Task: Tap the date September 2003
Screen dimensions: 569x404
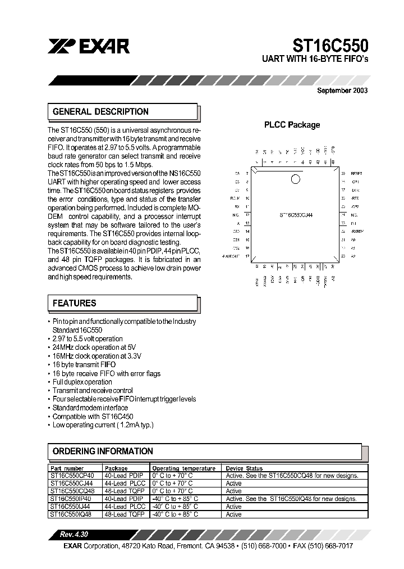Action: click(x=342, y=90)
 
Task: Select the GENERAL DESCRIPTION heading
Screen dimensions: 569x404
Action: click(x=100, y=111)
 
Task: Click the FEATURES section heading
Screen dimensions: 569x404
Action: click(x=74, y=303)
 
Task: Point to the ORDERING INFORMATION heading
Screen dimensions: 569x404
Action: click(x=103, y=451)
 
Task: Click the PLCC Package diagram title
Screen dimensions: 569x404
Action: click(x=292, y=125)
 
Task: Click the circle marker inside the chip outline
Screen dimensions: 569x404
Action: click(x=295, y=179)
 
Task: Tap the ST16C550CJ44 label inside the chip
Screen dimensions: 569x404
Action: click(x=296, y=215)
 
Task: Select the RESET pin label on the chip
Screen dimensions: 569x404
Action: click(x=357, y=174)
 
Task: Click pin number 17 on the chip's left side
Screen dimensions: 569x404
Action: click(x=247, y=256)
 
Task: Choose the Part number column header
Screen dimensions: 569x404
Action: click(x=67, y=468)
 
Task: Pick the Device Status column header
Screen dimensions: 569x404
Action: click(x=244, y=468)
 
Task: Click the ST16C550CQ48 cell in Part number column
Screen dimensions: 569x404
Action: click(x=72, y=491)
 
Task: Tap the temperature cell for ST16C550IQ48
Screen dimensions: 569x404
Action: click(x=175, y=514)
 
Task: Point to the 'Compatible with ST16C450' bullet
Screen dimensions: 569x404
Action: click(x=93, y=417)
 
